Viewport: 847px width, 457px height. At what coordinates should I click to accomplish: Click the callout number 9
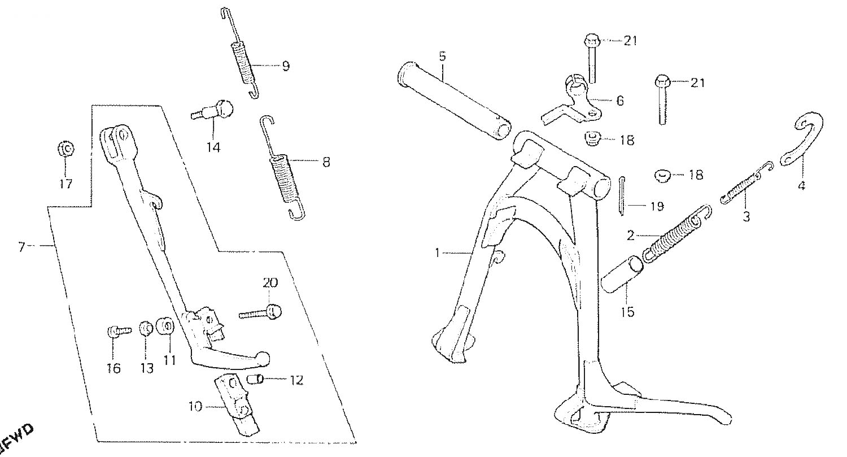286,67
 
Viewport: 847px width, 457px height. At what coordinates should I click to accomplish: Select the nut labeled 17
66,149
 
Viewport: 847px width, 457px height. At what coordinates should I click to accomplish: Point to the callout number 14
213,147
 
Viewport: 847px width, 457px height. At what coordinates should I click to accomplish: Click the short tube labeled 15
622,274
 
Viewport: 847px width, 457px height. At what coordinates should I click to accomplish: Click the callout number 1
438,253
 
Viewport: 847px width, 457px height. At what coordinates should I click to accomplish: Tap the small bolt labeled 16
119,332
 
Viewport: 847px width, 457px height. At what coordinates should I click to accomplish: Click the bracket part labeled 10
238,405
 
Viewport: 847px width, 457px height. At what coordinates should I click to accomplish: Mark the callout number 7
21,247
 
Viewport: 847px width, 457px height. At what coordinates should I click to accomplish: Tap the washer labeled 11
165,327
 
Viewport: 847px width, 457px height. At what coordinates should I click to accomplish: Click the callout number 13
147,368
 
